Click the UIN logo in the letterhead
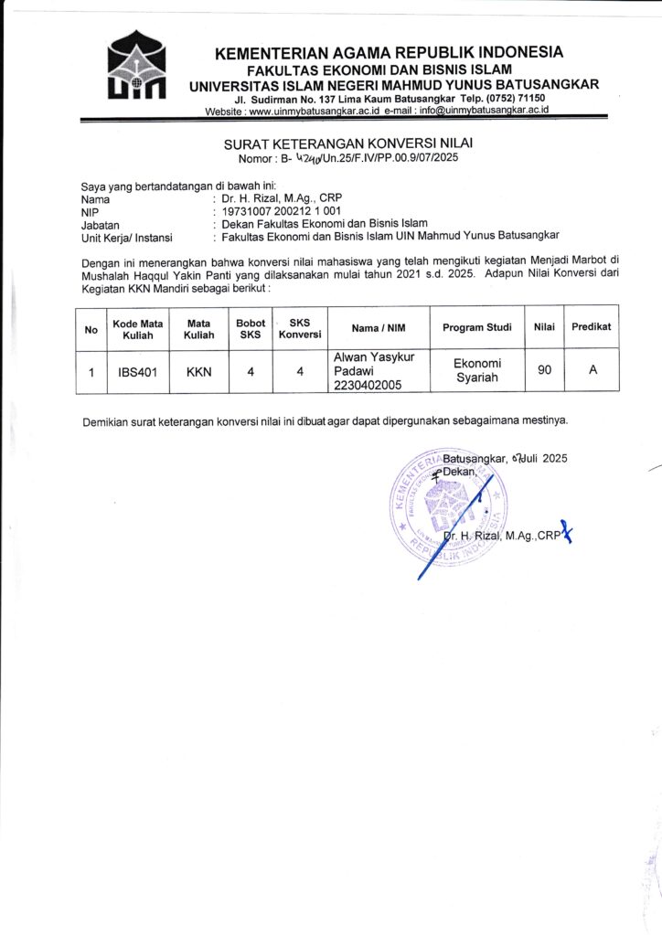(x=136, y=67)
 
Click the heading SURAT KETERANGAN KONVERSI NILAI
(x=348, y=144)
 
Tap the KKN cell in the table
(x=198, y=372)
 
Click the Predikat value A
(x=592, y=372)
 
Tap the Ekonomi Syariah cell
(x=475, y=371)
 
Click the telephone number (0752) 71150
(x=515, y=98)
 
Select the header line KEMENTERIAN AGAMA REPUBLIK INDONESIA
(x=389, y=53)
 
